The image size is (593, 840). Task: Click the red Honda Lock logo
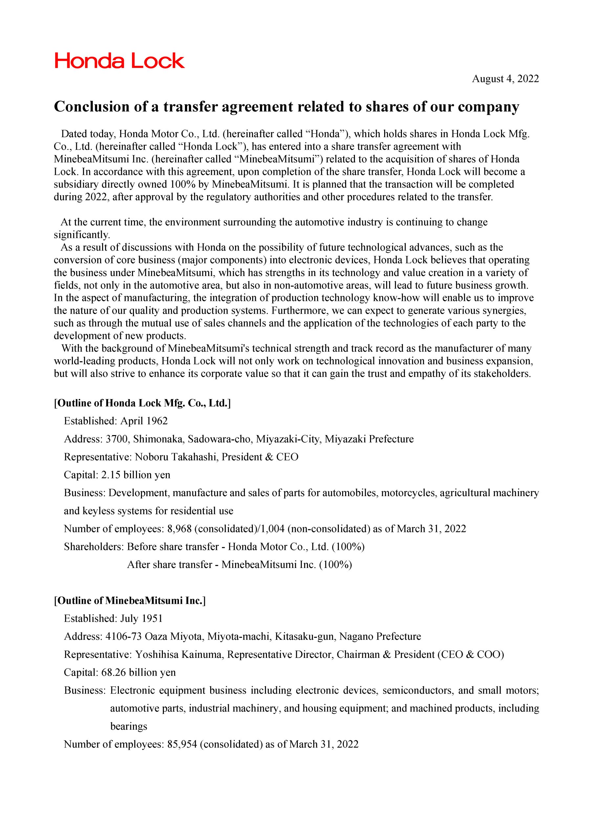click(x=120, y=61)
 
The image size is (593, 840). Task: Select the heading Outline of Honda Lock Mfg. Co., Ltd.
click(x=143, y=403)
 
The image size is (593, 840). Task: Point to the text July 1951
click(x=141, y=618)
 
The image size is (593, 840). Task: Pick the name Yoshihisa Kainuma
click(x=179, y=654)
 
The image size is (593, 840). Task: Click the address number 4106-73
click(x=123, y=636)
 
